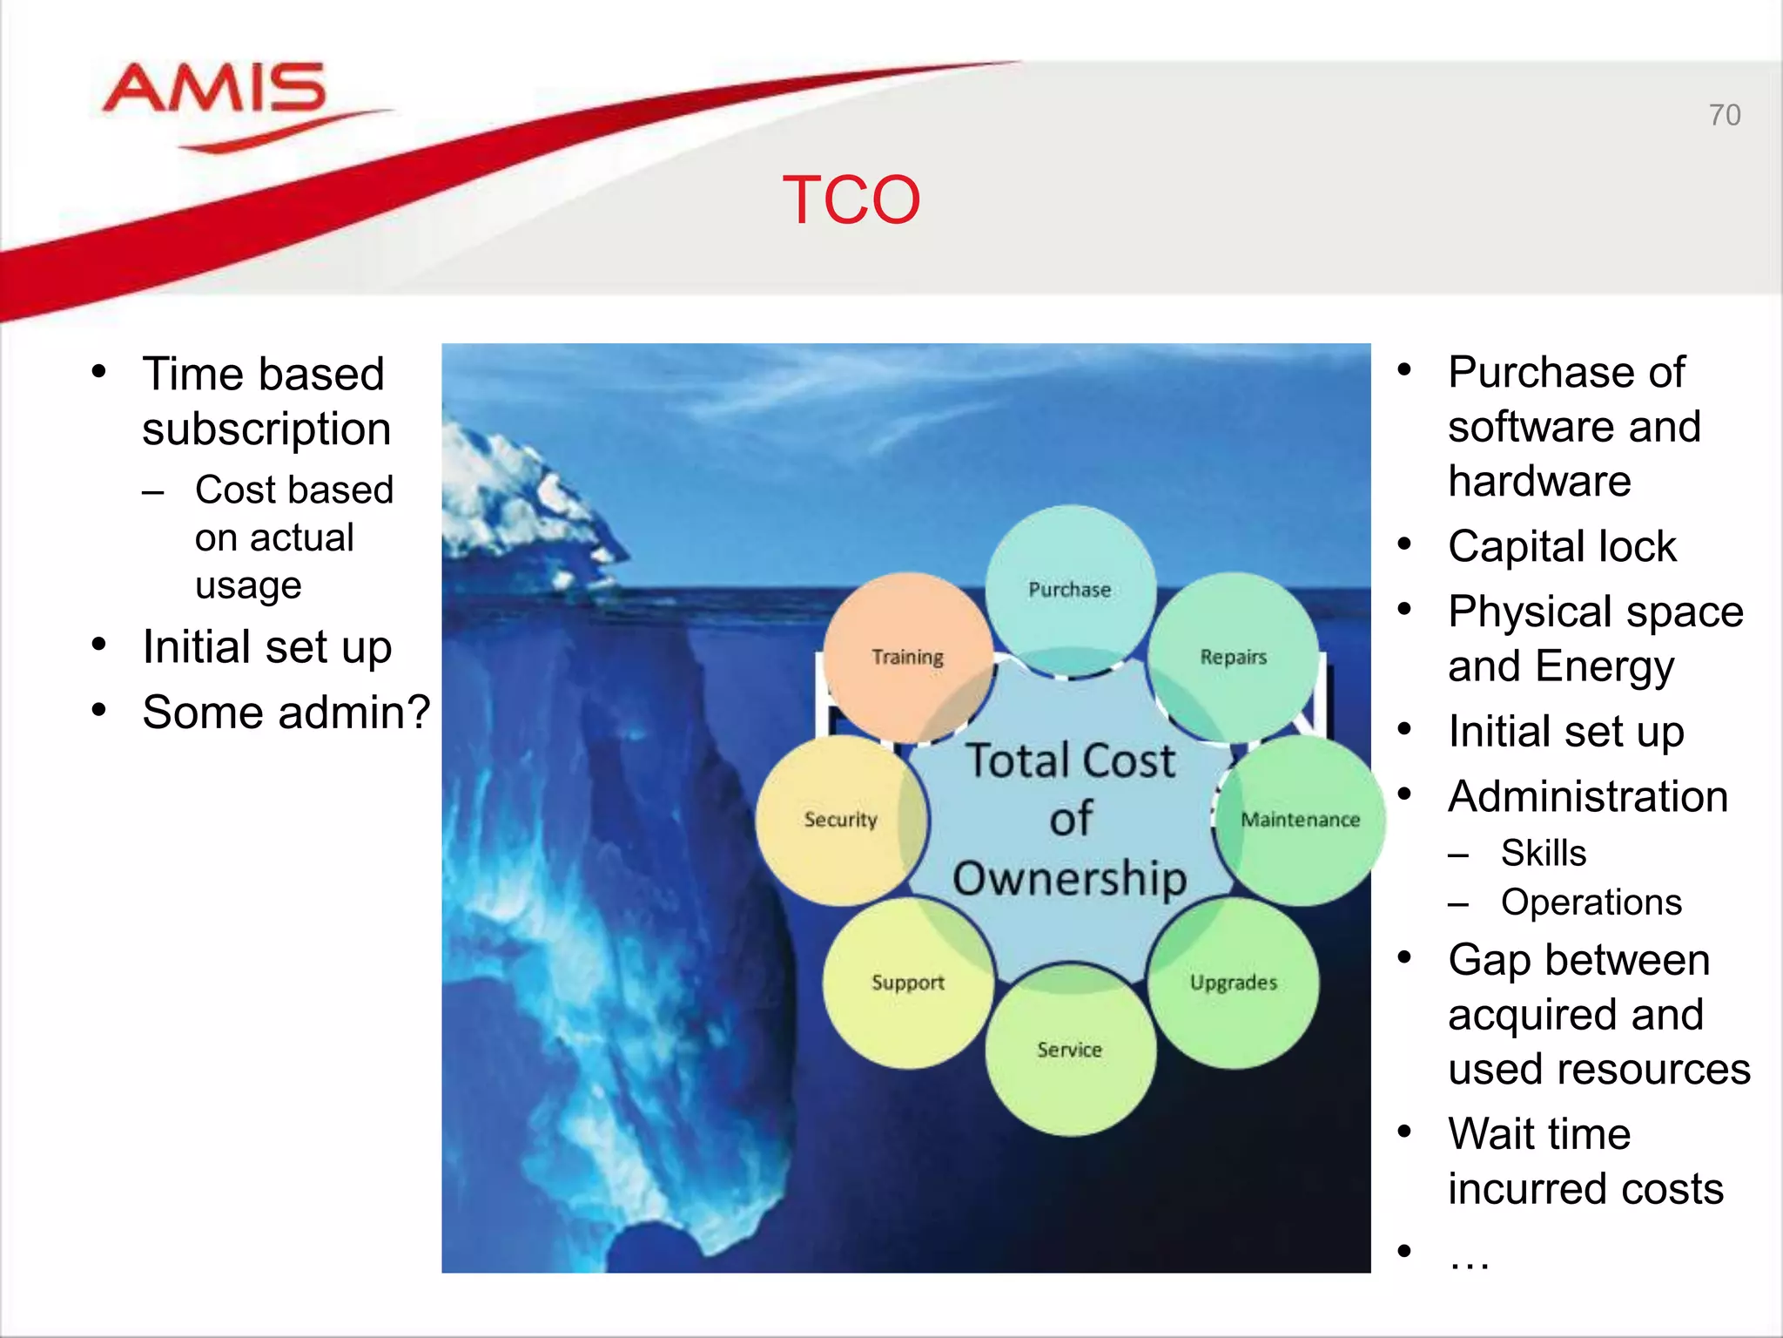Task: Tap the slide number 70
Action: (1724, 115)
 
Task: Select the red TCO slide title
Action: (851, 200)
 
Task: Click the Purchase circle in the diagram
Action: (1070, 590)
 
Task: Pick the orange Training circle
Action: (907, 657)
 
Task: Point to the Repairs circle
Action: (1233, 657)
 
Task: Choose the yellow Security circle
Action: (840, 820)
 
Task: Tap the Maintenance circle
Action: (1300, 820)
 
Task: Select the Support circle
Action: (907, 983)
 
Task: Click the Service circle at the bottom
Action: (1070, 1050)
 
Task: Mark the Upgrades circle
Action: (1233, 983)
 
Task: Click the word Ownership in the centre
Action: (1070, 878)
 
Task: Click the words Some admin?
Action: (286, 712)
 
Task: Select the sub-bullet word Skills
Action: (1543, 853)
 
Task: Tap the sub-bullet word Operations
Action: (1591, 902)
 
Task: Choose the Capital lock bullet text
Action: (1562, 547)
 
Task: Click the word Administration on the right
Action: (1588, 796)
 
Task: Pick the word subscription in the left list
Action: (266, 429)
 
